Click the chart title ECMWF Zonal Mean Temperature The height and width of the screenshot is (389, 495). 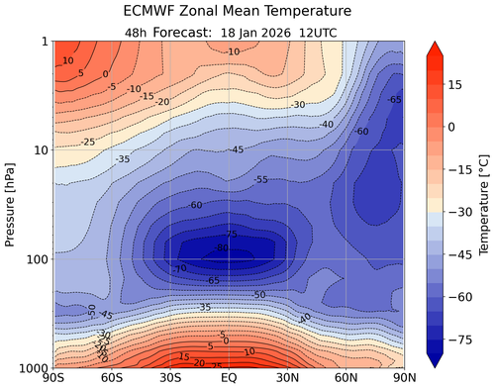[x=231, y=11]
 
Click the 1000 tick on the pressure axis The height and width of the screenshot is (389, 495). [x=32, y=368]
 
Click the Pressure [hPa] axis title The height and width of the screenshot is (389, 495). [x=11, y=204]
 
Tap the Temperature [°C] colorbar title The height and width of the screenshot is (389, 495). [x=486, y=204]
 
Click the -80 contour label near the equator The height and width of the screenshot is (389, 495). [x=222, y=247]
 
